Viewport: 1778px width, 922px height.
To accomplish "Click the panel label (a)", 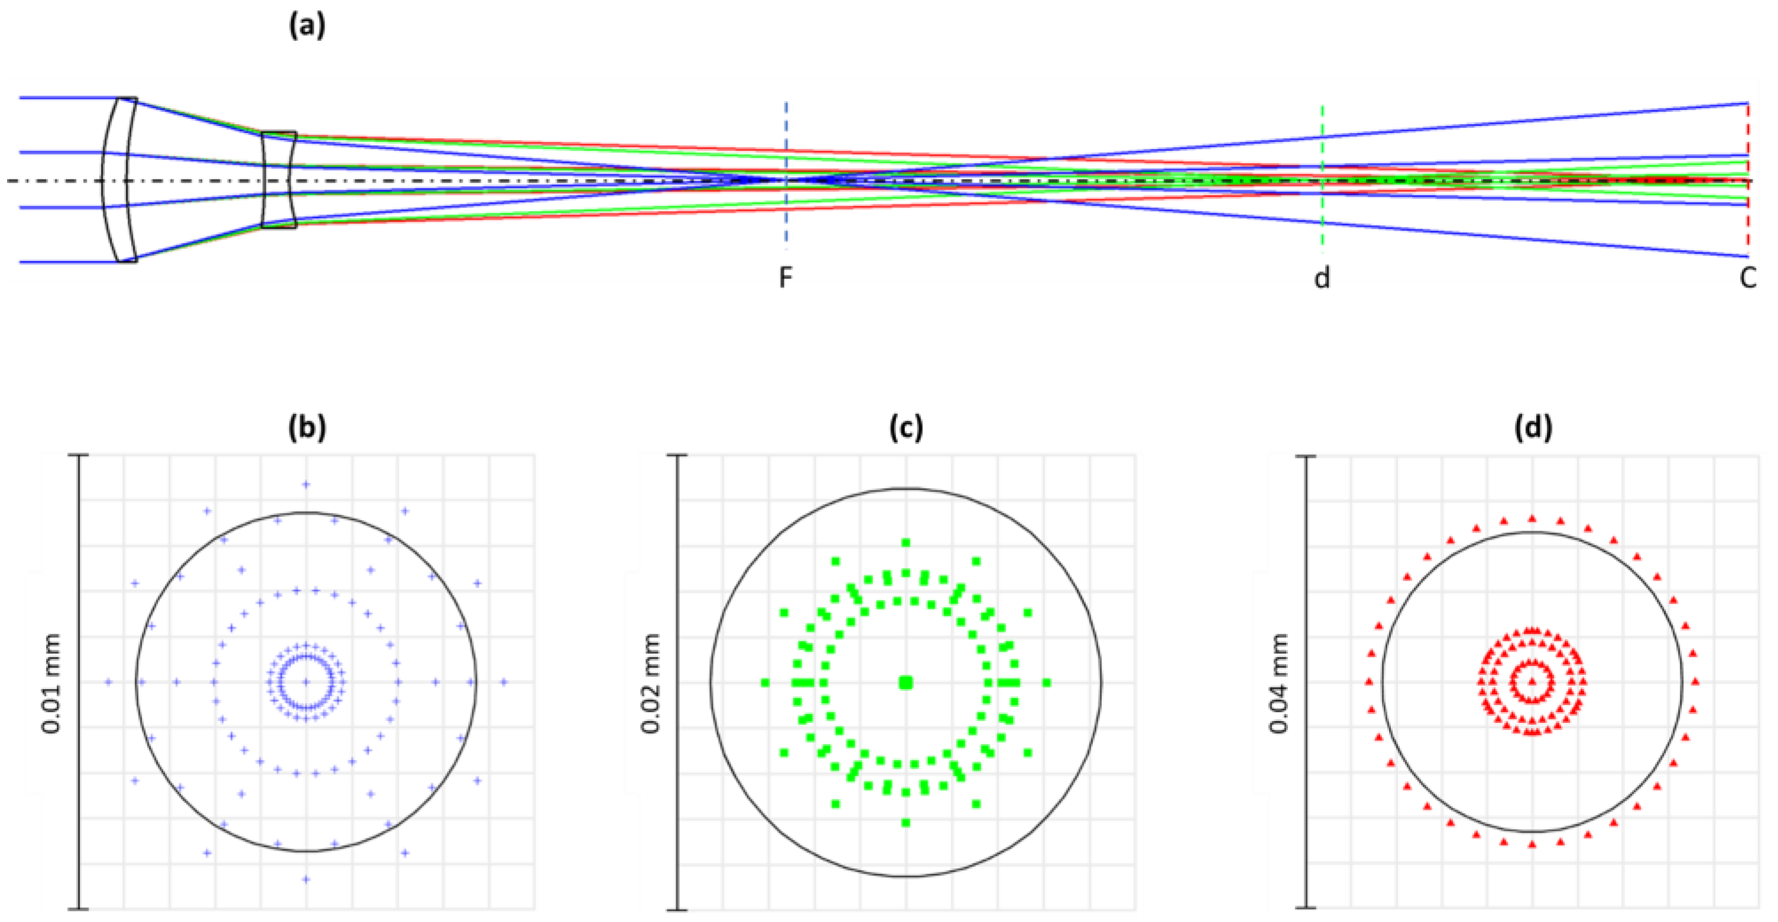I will pyautogui.click(x=306, y=26).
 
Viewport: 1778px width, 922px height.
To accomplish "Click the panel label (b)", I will pyautogui.click(x=306, y=428).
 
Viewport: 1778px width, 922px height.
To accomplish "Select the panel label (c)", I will pyautogui.click(x=906, y=428).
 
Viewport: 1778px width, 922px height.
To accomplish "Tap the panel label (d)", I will pyautogui.click(x=1533, y=428).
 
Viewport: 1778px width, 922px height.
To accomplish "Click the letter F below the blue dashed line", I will pyautogui.click(x=786, y=278).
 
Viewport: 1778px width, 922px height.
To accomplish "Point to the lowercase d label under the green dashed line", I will pyautogui.click(x=1322, y=278).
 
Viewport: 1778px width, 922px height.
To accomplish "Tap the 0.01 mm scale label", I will pyautogui.click(x=53, y=683).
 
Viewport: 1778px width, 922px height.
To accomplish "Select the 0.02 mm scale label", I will pyautogui.click(x=651, y=683).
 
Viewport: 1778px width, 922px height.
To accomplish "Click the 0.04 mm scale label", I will pyautogui.click(x=1280, y=683).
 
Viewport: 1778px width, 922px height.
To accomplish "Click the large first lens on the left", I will pyautogui.click(x=118, y=180).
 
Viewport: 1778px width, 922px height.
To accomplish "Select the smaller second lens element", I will pyautogui.click(x=279, y=180).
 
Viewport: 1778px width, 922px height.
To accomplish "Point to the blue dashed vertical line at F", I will pyautogui.click(x=786, y=138).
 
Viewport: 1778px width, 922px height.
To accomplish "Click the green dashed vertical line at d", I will pyautogui.click(x=1322, y=138).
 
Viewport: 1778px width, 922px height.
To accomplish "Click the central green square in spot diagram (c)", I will pyautogui.click(x=906, y=683).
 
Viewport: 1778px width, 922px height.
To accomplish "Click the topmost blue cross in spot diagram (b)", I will pyautogui.click(x=306, y=485).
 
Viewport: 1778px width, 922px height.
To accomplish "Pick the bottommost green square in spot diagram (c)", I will pyautogui.click(x=906, y=823).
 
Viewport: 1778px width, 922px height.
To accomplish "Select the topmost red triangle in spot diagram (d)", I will pyautogui.click(x=1532, y=518).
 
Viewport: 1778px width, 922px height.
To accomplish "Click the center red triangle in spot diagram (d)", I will pyautogui.click(x=1532, y=683).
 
